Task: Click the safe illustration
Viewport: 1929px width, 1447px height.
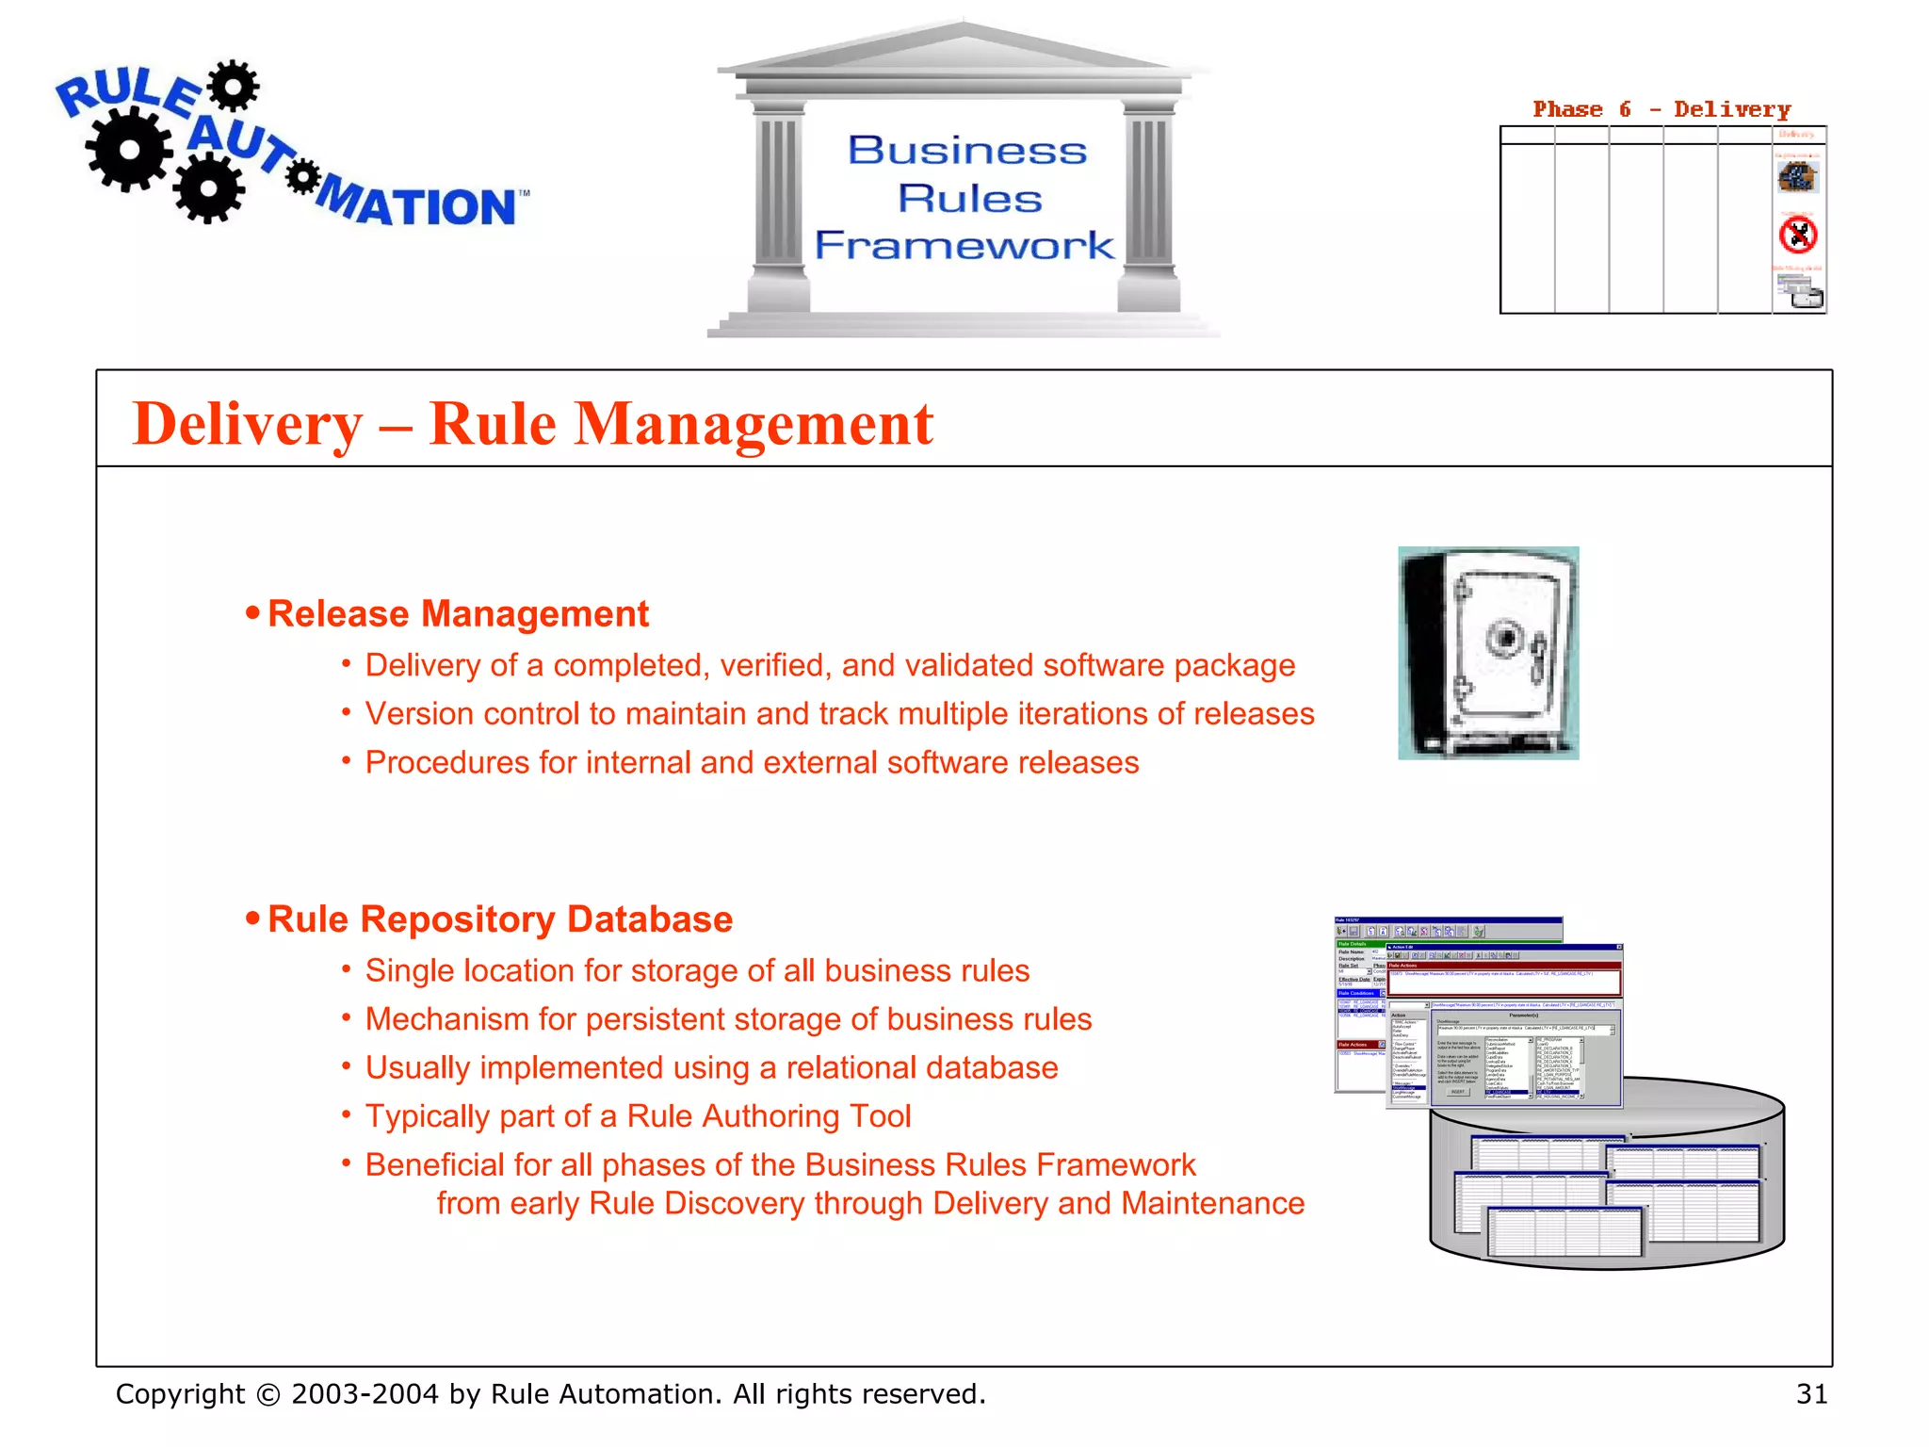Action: [1488, 653]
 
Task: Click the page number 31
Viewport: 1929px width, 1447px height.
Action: [1811, 1393]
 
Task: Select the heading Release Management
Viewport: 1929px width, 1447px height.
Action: [458, 614]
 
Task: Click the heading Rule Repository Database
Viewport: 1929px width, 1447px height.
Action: [499, 919]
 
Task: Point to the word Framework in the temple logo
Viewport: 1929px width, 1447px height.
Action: [964, 246]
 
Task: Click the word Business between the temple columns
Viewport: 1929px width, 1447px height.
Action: [967, 151]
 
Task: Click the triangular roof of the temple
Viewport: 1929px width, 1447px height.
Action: [963, 47]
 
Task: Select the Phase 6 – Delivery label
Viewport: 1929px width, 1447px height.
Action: [1662, 109]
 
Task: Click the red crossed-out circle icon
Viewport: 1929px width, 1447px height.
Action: [1798, 235]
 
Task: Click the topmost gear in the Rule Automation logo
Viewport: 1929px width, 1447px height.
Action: [233, 86]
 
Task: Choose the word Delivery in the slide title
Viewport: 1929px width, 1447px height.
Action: [248, 424]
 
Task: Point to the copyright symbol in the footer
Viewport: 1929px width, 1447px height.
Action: [268, 1394]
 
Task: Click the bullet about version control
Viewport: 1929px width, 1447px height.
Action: [838, 714]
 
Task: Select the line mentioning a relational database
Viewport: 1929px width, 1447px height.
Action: [711, 1068]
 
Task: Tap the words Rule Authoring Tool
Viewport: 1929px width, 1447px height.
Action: [769, 1116]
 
